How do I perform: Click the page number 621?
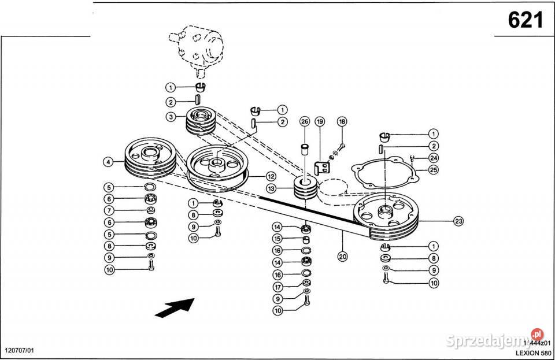coord(525,20)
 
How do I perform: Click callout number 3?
coord(171,117)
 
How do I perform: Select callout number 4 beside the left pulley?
coord(108,162)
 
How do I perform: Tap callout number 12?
coord(270,176)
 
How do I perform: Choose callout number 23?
coord(458,220)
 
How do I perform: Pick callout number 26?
coord(305,121)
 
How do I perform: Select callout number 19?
coord(320,121)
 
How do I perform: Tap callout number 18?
coord(342,121)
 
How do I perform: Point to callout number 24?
coord(434,157)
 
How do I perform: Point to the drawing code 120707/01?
coord(20,351)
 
